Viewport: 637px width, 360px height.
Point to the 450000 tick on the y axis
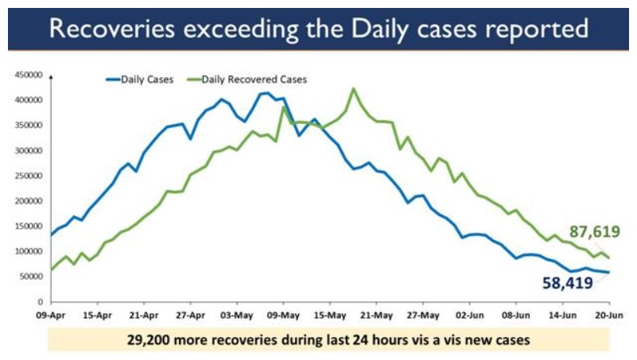pos(28,75)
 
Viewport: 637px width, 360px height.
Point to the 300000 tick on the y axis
pos(28,150)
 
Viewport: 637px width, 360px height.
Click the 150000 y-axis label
pos(28,226)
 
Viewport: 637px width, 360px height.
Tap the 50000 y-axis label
pos(30,277)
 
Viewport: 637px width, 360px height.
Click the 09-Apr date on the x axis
pos(51,315)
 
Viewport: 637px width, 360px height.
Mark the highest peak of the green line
pos(353,88)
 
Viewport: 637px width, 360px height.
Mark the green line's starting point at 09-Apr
pos(52,270)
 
